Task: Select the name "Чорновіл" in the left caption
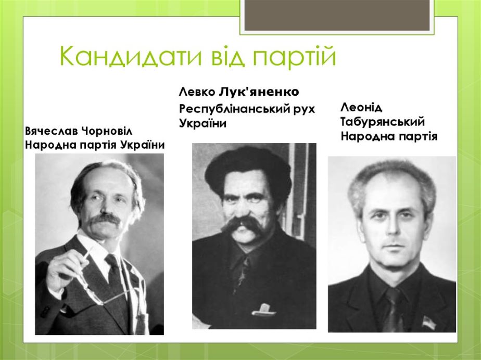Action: pyautogui.click(x=107, y=131)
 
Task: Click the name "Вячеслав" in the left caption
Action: pyautogui.click(x=52, y=131)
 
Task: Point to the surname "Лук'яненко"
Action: pyautogui.click(x=259, y=92)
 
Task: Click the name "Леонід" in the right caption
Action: pyautogui.click(x=361, y=108)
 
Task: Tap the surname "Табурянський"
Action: pyautogui.click(x=383, y=122)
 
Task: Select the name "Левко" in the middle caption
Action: pyautogui.click(x=197, y=92)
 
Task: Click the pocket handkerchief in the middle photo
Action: pyautogui.click(x=264, y=309)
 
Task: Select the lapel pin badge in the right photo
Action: pyautogui.click(x=427, y=323)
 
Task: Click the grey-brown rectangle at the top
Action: pyautogui.click(x=337, y=15)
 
